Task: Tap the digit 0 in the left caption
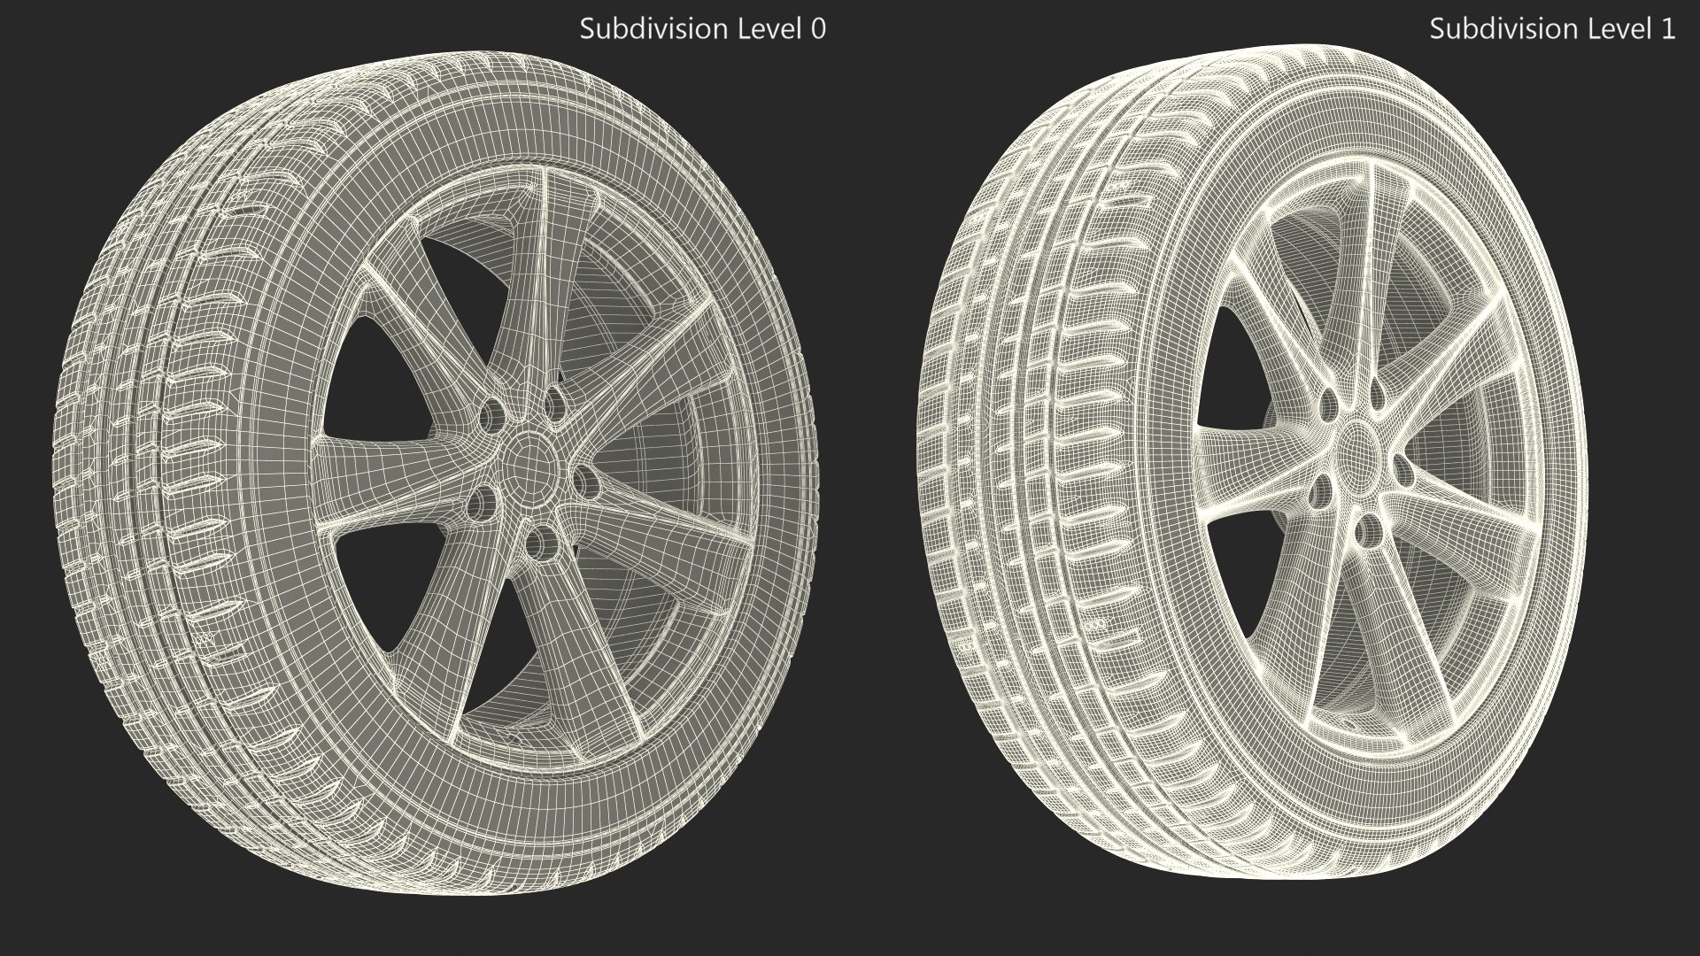coord(818,29)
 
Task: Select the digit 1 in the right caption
coord(1668,29)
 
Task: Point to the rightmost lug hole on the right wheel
coord(1402,469)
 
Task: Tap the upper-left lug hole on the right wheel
coord(1327,404)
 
